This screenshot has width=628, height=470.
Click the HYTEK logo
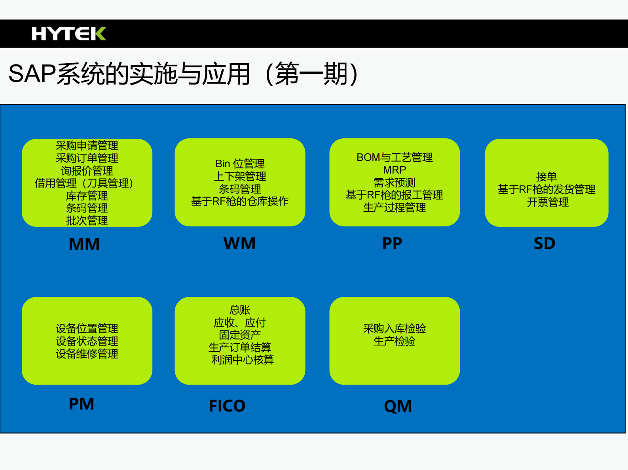click(68, 34)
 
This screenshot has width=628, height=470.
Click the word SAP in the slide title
click(32, 74)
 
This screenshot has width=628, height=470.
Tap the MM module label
click(84, 244)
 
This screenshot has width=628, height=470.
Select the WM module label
click(239, 243)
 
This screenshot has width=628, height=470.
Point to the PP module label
click(392, 243)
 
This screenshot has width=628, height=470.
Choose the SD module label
click(545, 243)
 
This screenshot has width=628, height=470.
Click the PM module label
click(82, 404)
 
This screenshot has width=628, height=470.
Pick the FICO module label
click(227, 406)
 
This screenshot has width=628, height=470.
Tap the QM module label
click(398, 406)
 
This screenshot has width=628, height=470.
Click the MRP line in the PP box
click(395, 170)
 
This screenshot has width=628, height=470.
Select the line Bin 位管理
click(240, 164)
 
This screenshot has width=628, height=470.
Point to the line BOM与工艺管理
click(395, 157)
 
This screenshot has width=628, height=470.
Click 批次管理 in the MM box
click(87, 221)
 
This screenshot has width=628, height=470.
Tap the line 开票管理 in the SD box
click(548, 202)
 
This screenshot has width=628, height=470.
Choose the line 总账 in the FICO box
click(240, 310)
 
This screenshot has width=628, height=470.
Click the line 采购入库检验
click(395, 328)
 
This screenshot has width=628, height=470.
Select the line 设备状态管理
click(87, 341)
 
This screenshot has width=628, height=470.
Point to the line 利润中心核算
click(242, 360)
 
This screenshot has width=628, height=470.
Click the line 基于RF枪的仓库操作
click(240, 201)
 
